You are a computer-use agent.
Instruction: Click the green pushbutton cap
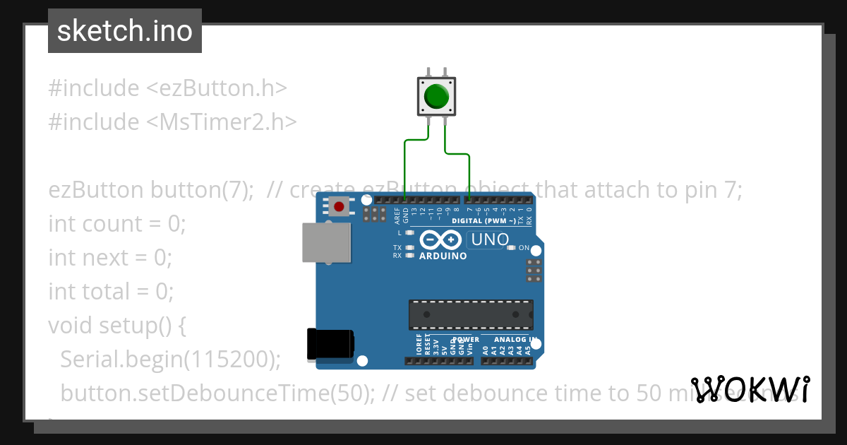click(x=437, y=95)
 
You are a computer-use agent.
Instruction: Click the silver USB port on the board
click(x=325, y=244)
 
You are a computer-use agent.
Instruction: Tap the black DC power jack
click(x=330, y=345)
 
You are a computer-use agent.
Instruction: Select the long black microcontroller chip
click(x=471, y=314)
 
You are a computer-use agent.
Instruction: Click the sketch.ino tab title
click(x=125, y=31)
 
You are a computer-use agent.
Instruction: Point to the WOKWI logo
click(x=750, y=389)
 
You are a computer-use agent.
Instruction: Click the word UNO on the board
click(x=490, y=239)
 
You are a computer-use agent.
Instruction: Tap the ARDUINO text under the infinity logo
click(x=443, y=256)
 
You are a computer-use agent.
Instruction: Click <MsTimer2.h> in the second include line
click(x=222, y=121)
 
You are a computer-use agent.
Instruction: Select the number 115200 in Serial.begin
click(x=228, y=359)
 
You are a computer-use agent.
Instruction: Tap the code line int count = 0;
click(x=116, y=224)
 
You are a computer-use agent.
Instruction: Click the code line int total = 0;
click(x=110, y=291)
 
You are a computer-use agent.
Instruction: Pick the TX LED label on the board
click(x=397, y=248)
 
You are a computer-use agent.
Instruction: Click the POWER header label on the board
click(x=466, y=340)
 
